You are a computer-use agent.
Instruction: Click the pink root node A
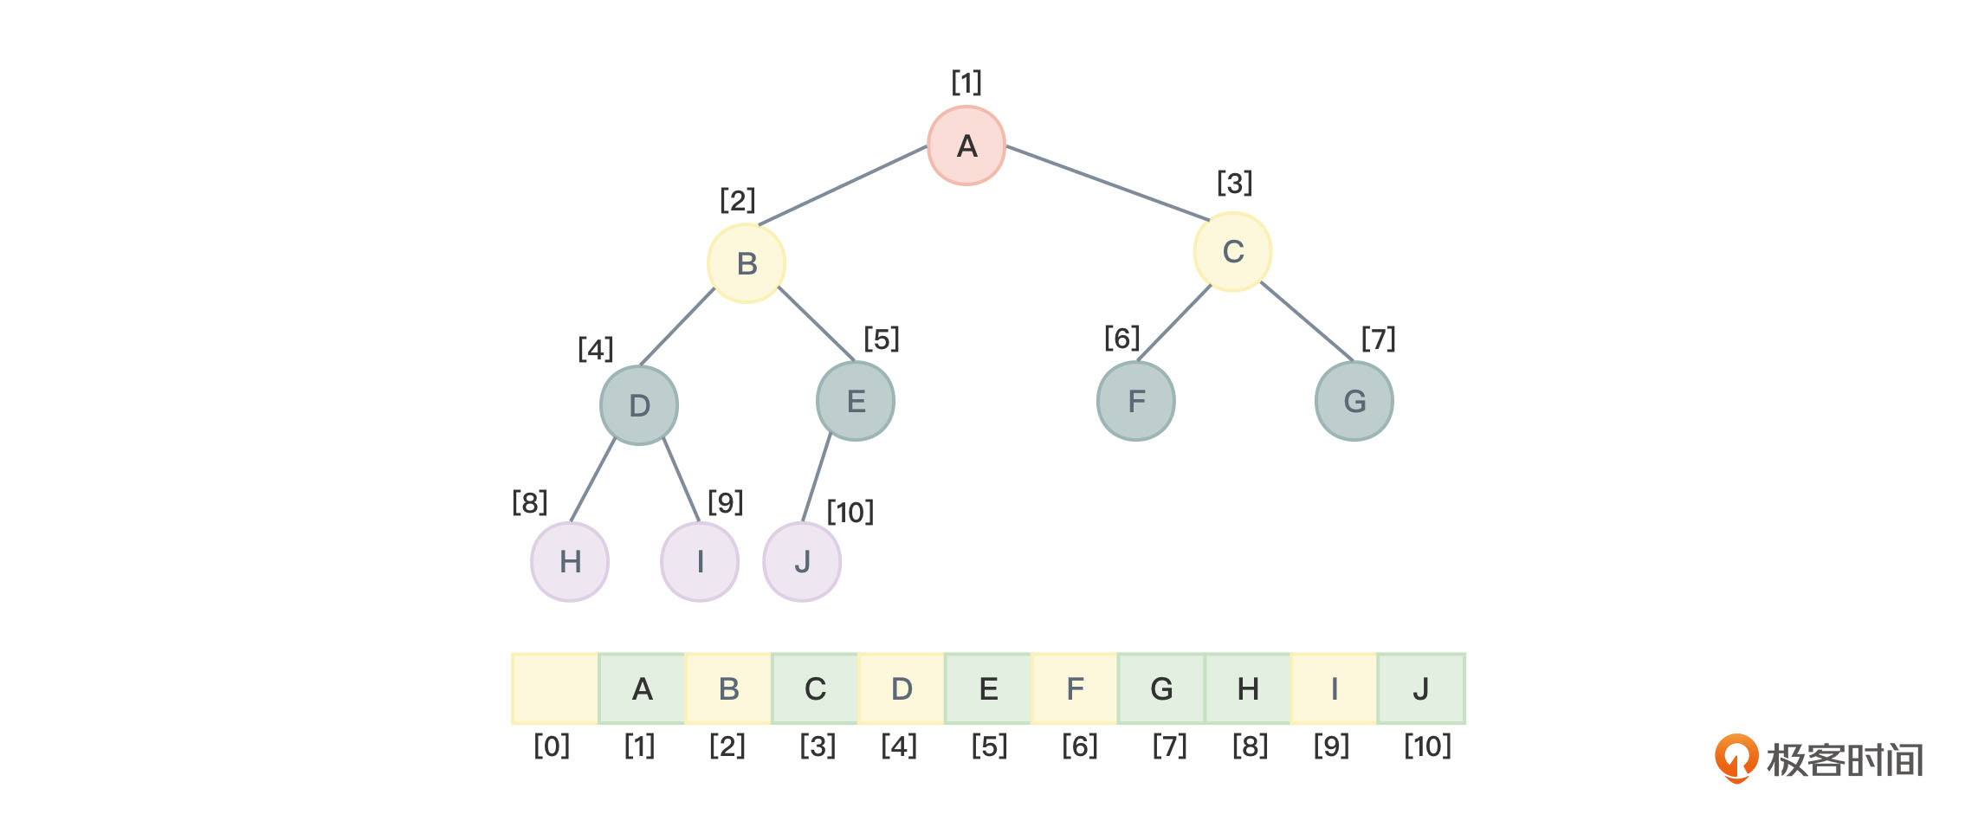[x=966, y=145]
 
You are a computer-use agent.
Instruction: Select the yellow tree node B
[x=747, y=263]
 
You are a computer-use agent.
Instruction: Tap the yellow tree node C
[x=1232, y=252]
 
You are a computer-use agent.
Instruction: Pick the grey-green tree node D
[x=639, y=405]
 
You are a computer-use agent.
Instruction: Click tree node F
[x=1136, y=401]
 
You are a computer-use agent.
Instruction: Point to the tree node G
[x=1354, y=401]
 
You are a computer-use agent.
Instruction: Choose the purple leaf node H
[x=570, y=562]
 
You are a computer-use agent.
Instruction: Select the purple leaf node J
[x=802, y=562]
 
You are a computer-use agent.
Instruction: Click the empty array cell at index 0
[x=555, y=688]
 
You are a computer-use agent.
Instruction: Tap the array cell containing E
[x=988, y=688]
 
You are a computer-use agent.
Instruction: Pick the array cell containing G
[x=1161, y=688]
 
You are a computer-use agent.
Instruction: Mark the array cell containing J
[x=1421, y=688]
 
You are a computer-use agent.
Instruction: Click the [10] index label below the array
[x=1427, y=746]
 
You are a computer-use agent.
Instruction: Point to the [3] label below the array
[x=818, y=746]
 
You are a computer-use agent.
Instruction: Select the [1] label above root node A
[x=966, y=82]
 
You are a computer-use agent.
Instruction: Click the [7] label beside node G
[x=1378, y=339]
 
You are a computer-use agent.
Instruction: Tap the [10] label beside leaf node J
[x=850, y=512]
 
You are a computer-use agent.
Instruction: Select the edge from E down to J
[x=817, y=478]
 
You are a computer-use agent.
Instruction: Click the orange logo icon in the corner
[x=1736, y=758]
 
